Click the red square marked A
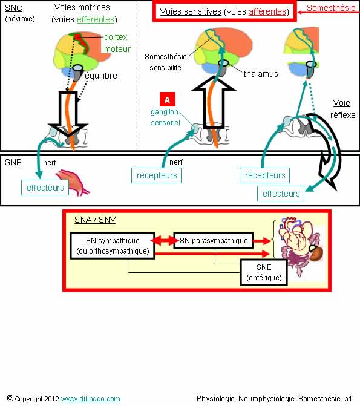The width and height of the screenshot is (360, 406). click(168, 99)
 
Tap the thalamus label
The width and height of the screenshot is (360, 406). click(261, 74)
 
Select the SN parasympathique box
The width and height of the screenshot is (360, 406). click(214, 241)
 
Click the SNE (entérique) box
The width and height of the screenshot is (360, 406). click(264, 272)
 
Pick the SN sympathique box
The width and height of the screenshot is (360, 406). click(113, 246)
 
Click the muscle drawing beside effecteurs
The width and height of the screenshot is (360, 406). click(74, 183)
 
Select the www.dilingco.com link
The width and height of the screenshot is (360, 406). click(91, 399)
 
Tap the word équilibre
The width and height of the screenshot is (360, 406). click(101, 76)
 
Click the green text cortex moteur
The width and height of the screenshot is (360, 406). click(117, 43)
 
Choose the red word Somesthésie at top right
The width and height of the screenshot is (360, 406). click(331, 8)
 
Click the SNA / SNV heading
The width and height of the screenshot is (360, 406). click(95, 220)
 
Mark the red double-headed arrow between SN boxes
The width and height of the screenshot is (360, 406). click(165, 241)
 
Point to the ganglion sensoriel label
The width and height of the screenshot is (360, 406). click(165, 117)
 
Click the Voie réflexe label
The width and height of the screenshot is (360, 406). click(342, 109)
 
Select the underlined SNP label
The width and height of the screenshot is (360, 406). click(13, 162)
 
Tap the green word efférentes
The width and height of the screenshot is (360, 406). click(96, 20)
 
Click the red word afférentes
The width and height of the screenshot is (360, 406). click(267, 11)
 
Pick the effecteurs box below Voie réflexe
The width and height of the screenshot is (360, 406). click(281, 194)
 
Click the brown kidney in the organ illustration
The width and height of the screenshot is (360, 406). click(316, 254)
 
